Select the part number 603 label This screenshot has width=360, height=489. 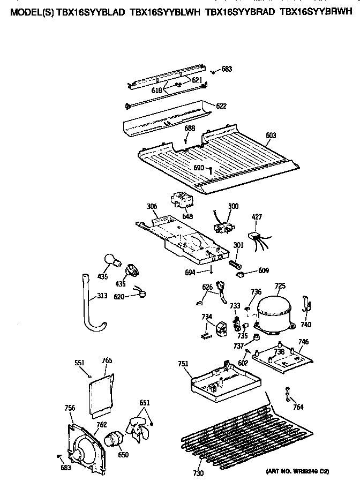coord(271,136)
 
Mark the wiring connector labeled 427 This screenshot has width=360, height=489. coord(256,236)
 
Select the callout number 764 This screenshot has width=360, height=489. coord(298,407)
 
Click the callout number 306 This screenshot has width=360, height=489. coord(152,205)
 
